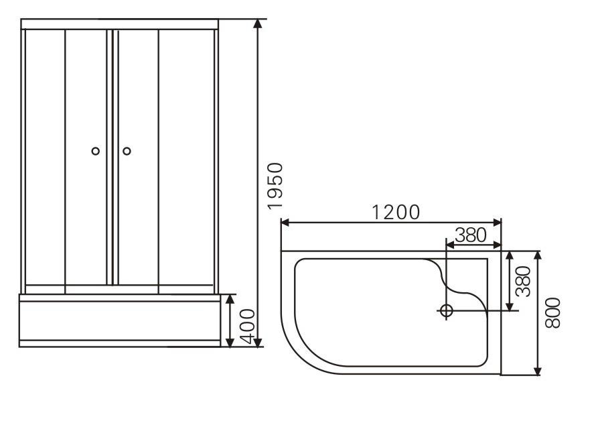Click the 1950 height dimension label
pos(275,186)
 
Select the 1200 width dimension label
pos(396,212)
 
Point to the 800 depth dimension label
pos(553,313)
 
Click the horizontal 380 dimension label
pos(471,235)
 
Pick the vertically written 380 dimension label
pos(523,282)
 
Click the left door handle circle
pos(96,151)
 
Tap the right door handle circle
pos(127,151)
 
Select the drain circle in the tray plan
pos(446,310)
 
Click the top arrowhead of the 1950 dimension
pos(258,23)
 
